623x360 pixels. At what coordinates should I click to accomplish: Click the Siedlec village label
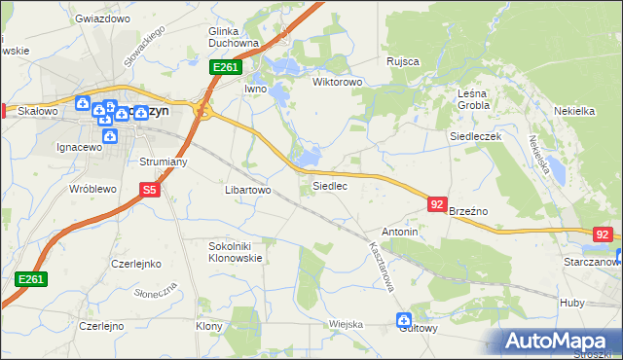(x=329, y=185)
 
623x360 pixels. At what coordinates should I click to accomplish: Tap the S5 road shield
(x=149, y=191)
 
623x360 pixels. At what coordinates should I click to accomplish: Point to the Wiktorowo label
(x=337, y=83)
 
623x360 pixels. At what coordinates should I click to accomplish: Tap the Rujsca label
(x=402, y=61)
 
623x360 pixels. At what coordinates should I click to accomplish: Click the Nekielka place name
(x=573, y=111)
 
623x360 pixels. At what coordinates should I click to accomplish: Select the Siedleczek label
(x=475, y=137)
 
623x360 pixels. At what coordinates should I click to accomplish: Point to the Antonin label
(x=399, y=233)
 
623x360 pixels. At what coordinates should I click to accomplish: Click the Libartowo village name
(x=247, y=190)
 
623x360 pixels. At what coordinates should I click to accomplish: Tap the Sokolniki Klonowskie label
(x=236, y=253)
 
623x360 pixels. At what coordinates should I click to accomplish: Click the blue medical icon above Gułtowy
(x=404, y=319)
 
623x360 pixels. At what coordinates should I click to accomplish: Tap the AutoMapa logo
(x=558, y=342)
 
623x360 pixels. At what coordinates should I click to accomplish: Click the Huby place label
(x=572, y=303)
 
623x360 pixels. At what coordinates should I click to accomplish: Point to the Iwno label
(x=255, y=89)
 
